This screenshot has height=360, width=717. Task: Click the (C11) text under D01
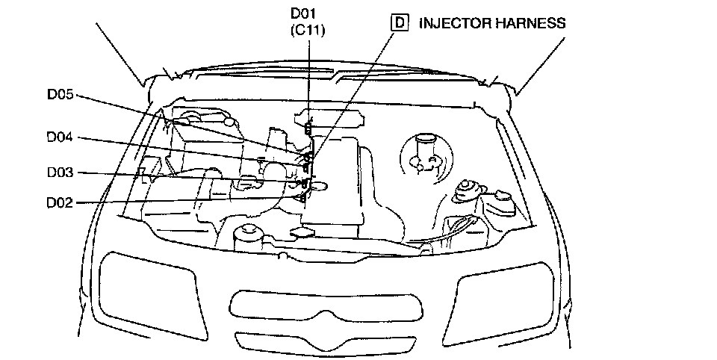pyautogui.click(x=308, y=30)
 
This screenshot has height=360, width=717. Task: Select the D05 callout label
pyautogui.click(x=60, y=95)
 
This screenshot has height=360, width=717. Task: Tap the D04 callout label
pyautogui.click(x=60, y=137)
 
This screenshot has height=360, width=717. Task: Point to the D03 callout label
pyautogui.click(x=60, y=173)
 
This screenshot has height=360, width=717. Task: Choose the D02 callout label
pyautogui.click(x=60, y=202)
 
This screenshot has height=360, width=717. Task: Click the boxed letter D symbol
pyautogui.click(x=400, y=22)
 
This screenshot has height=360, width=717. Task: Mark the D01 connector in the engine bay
pyautogui.click(x=308, y=128)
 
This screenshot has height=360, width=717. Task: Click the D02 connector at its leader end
pyautogui.click(x=302, y=197)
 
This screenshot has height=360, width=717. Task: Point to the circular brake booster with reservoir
pyautogui.click(x=426, y=157)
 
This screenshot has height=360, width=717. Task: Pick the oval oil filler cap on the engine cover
pyautogui.click(x=319, y=186)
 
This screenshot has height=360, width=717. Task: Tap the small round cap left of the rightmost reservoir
pyautogui.click(x=466, y=190)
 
